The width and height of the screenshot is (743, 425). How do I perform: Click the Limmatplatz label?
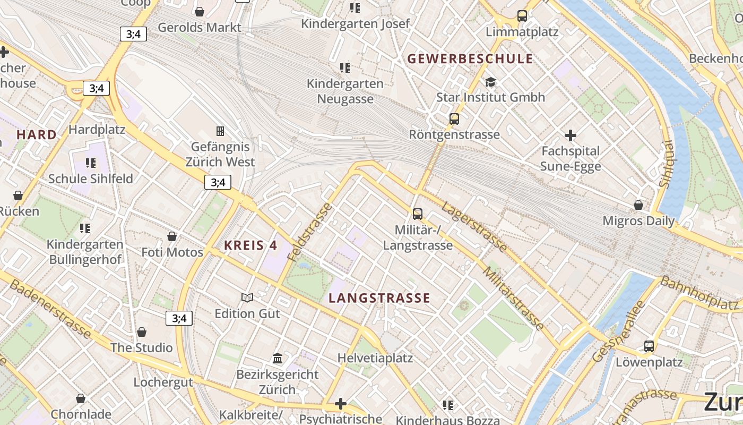(522, 32)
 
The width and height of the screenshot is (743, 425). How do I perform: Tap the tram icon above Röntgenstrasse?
(454, 119)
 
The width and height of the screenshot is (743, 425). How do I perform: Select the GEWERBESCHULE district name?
(470, 59)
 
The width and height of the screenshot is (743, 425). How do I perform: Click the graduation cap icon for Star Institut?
(490, 82)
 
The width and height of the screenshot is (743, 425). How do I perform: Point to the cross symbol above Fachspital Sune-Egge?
(571, 135)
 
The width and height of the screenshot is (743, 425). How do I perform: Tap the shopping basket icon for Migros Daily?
(638, 205)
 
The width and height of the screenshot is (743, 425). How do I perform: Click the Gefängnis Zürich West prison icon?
(220, 131)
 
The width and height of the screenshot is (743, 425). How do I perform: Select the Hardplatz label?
(97, 130)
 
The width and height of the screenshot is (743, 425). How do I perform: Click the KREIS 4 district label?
(250, 245)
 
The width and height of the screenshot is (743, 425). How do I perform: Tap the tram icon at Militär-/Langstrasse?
(418, 214)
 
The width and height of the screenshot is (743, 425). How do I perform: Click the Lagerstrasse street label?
(474, 226)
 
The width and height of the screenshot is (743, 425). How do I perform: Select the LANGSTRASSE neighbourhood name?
(379, 298)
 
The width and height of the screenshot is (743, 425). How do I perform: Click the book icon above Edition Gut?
(247, 297)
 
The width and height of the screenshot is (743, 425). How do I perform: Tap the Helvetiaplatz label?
(375, 358)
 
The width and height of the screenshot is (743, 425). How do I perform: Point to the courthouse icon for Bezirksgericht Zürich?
(278, 358)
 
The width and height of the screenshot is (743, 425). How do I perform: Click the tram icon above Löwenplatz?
(649, 346)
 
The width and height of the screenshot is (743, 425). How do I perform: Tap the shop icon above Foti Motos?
(172, 236)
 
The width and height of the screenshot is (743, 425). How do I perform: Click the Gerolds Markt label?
(200, 27)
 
